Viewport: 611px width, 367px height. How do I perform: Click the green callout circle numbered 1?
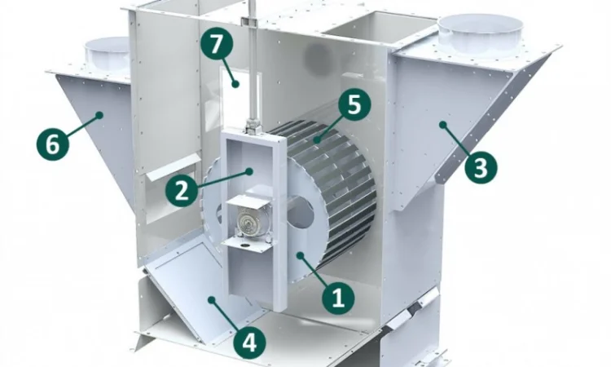pos(338,298)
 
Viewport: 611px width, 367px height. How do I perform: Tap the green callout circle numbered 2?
pos(182,191)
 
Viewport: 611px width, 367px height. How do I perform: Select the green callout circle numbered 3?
pos(481,168)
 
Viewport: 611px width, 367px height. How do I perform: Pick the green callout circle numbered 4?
pos(249,343)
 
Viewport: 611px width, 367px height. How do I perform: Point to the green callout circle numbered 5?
pos(354,104)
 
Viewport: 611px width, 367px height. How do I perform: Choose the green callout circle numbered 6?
pos(53,144)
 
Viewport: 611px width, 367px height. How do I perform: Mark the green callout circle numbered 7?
pos(217,44)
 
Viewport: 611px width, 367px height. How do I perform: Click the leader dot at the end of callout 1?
pos(300,255)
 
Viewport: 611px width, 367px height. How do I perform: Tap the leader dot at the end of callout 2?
pos(250,170)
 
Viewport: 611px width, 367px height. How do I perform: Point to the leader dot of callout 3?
pos(442,125)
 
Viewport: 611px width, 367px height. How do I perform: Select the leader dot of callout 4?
pos(211,299)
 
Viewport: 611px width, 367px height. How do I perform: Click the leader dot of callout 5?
pos(318,138)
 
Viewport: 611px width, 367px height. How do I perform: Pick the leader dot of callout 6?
pos(99,115)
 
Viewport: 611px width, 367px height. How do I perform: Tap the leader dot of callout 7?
pos(235,83)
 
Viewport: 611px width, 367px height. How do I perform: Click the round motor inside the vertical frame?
pos(246,223)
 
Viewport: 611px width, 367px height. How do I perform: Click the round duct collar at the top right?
pos(480,35)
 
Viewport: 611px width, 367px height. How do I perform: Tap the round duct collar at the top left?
pos(107,54)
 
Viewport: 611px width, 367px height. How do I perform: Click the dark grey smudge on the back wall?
pos(318,58)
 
